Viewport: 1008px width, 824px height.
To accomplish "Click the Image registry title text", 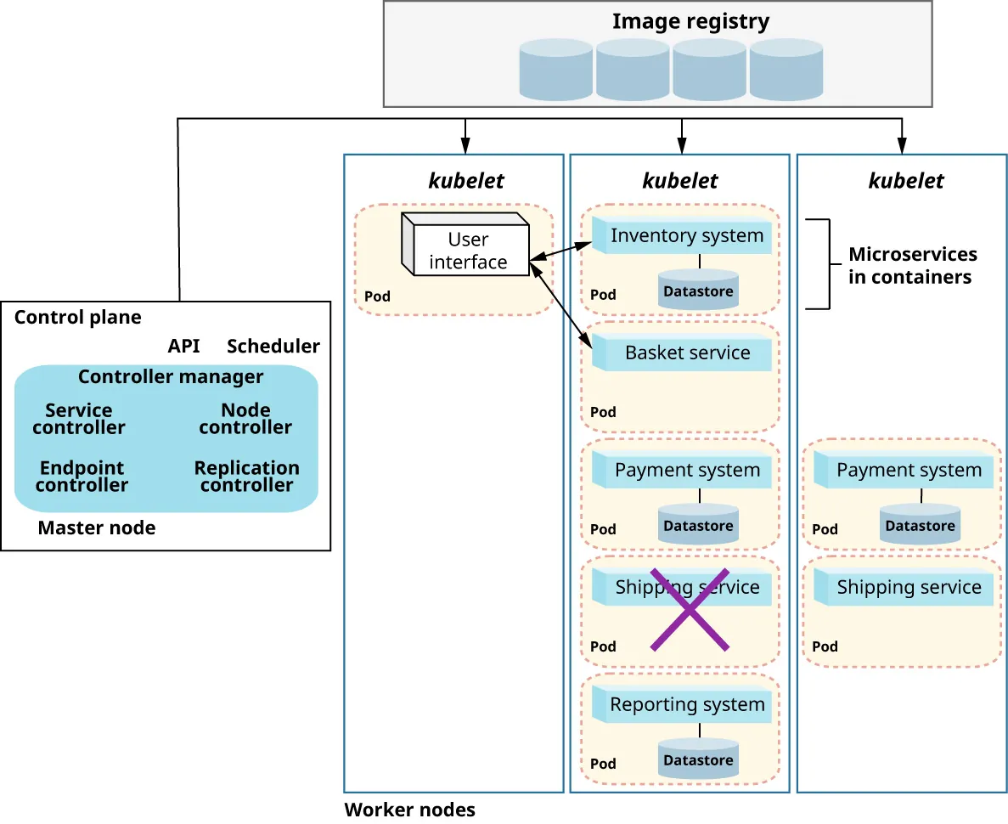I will point(690,21).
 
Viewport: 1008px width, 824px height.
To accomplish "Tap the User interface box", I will point(467,251).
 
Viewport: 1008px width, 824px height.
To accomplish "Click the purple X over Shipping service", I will point(690,609).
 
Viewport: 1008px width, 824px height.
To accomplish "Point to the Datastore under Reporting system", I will point(698,759).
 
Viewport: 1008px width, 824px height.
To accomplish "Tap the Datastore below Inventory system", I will point(698,290).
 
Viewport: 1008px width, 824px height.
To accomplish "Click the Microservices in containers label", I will point(913,265).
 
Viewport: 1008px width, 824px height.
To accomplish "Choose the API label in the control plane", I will point(183,346).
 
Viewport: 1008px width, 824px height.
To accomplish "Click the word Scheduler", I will point(273,346).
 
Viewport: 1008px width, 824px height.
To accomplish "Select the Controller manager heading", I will point(171,376).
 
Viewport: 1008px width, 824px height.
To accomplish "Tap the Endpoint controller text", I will point(82,477).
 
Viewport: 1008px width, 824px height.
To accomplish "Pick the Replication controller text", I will point(246,477).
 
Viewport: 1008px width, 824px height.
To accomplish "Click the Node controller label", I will point(245,419).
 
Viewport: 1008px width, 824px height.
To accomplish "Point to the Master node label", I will point(97,528).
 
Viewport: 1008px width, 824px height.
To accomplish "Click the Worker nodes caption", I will point(409,809).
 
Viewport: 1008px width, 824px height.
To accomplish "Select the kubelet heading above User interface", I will point(466,181).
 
